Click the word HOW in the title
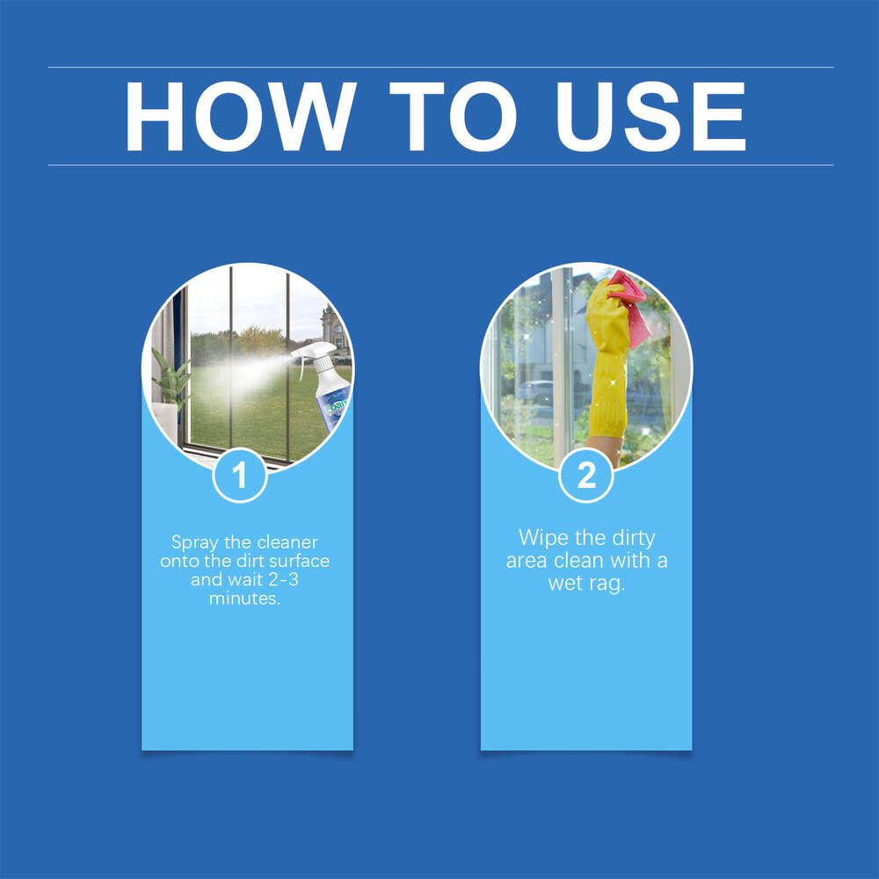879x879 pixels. (240, 117)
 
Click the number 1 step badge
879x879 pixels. (240, 476)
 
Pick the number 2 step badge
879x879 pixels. (586, 476)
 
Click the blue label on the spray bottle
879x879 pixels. (335, 404)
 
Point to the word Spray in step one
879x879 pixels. (193, 542)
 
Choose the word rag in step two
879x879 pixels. (607, 583)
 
